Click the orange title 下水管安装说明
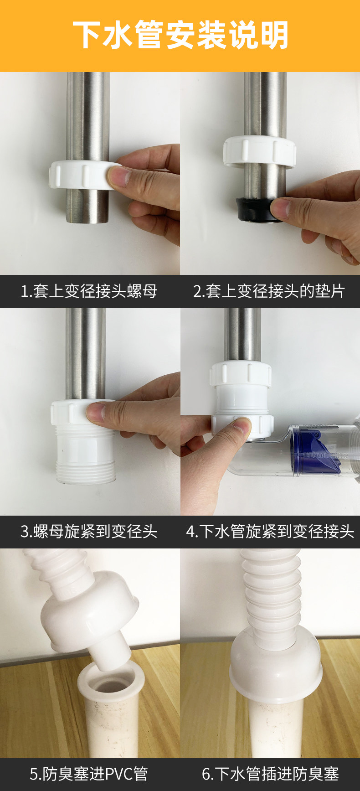pos(180,35)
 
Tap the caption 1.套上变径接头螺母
pos(89,291)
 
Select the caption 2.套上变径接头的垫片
pos(269,291)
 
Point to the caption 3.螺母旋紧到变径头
pos(89,531)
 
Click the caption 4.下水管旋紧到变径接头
pos(270,531)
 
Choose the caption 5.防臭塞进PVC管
pos(89,774)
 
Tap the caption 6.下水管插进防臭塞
pos(270,774)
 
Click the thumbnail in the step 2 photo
pos(280,208)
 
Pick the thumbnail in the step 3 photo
pos(96,412)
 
